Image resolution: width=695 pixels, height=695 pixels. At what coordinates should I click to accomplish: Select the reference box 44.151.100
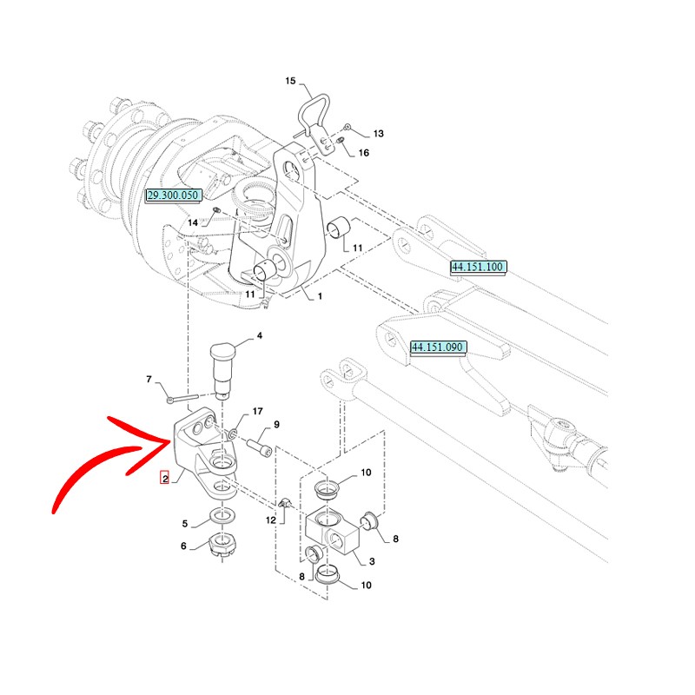click(x=477, y=267)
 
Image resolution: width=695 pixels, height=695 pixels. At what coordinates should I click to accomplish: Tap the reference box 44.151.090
click(x=439, y=347)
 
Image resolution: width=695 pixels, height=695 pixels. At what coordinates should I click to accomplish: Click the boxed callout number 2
click(x=164, y=478)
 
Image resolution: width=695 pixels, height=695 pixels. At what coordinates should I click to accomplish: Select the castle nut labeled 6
click(x=223, y=550)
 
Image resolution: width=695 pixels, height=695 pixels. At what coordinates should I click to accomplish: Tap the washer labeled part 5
click(x=223, y=520)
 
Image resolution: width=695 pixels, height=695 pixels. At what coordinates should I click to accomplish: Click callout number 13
click(x=378, y=134)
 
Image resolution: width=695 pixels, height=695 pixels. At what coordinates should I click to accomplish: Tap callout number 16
click(x=363, y=153)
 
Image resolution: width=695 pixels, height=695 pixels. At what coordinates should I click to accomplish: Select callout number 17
click(x=257, y=411)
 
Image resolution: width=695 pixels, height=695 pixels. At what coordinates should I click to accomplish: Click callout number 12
click(x=270, y=520)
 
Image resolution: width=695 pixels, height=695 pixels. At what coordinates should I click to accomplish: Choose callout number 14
click(x=193, y=223)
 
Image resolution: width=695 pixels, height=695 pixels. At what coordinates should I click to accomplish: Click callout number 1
click(x=320, y=296)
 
